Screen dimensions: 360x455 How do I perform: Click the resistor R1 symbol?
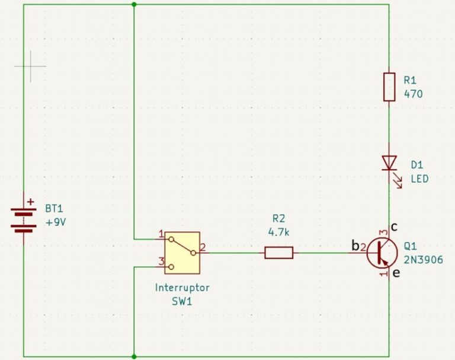click(389, 87)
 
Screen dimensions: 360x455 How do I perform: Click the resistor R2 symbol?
click(278, 253)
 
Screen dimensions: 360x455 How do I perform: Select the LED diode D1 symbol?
click(389, 162)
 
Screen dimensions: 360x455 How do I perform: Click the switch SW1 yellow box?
click(182, 252)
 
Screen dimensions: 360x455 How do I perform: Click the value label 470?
click(413, 93)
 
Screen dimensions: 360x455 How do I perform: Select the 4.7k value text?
click(278, 232)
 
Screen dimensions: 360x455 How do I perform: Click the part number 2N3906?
click(423, 260)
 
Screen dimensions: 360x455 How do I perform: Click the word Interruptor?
click(182, 288)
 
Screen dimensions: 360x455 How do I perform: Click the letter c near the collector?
click(394, 227)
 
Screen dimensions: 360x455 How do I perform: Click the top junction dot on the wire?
click(134, 5)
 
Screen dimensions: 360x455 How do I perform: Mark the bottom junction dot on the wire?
click(134, 356)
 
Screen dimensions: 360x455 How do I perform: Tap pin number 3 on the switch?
click(160, 261)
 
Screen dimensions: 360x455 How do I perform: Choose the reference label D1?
click(417, 165)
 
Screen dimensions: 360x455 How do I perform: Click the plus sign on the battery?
click(31, 202)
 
